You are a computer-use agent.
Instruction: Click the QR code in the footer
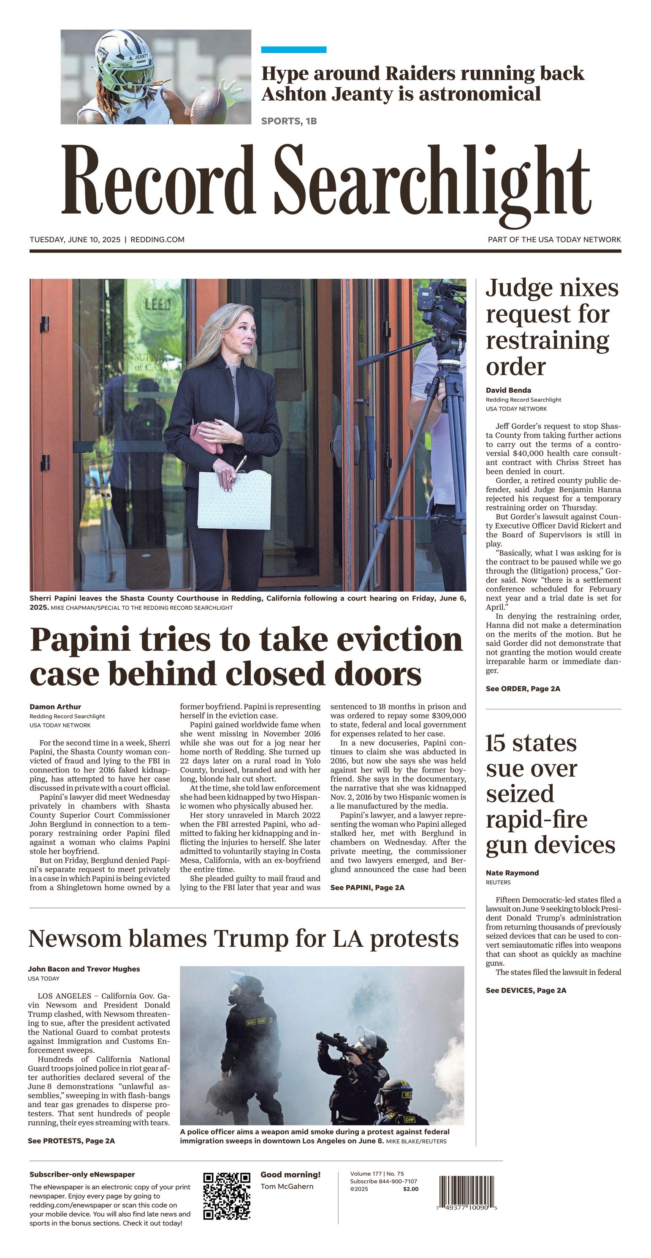click(x=227, y=1196)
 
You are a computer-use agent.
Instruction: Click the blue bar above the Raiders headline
click(x=293, y=50)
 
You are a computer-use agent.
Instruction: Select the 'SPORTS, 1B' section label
click(x=289, y=121)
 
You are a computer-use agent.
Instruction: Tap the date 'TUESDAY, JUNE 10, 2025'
click(x=75, y=240)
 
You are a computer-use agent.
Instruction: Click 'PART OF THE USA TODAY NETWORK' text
click(x=554, y=240)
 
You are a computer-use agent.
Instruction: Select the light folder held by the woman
click(x=235, y=500)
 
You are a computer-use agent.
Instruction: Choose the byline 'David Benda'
click(x=508, y=390)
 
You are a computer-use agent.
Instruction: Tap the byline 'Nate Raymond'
click(x=512, y=873)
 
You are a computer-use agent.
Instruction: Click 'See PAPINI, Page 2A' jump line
click(x=367, y=887)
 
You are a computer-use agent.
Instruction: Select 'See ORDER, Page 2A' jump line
click(x=523, y=689)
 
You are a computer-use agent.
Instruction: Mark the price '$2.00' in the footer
click(x=410, y=1189)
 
